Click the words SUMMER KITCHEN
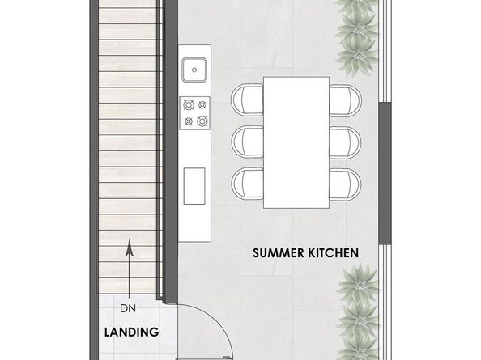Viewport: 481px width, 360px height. click(305, 252)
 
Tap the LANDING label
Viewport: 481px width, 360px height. click(132, 332)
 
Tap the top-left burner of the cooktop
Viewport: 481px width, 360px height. click(189, 104)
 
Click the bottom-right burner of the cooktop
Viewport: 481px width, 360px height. click(202, 122)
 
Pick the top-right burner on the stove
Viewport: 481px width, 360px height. click(202, 104)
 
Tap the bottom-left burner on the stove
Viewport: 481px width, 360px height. click(189, 122)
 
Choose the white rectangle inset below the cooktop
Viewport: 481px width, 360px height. click(195, 187)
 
